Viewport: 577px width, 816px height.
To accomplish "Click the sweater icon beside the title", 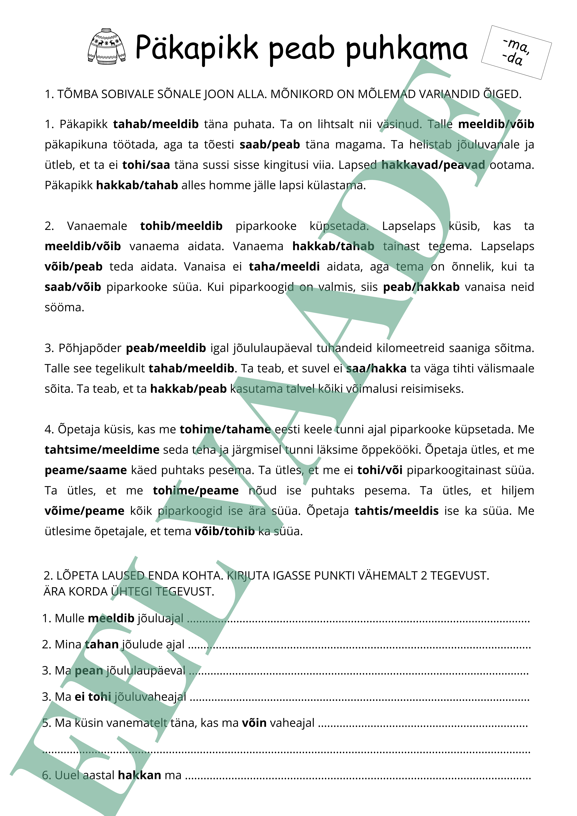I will point(106,47).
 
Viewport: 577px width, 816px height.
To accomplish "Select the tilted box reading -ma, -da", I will point(516,52).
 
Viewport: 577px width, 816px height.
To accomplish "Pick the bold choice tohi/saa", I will point(146,165).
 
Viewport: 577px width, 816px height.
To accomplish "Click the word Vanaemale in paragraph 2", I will point(97,226).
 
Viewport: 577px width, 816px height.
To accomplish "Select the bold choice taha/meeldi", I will point(284,267).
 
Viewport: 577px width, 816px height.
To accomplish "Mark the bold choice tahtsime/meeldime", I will point(102,450).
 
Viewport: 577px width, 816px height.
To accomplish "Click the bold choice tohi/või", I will point(380,470).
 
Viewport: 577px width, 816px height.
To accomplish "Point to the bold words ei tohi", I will point(93,697).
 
